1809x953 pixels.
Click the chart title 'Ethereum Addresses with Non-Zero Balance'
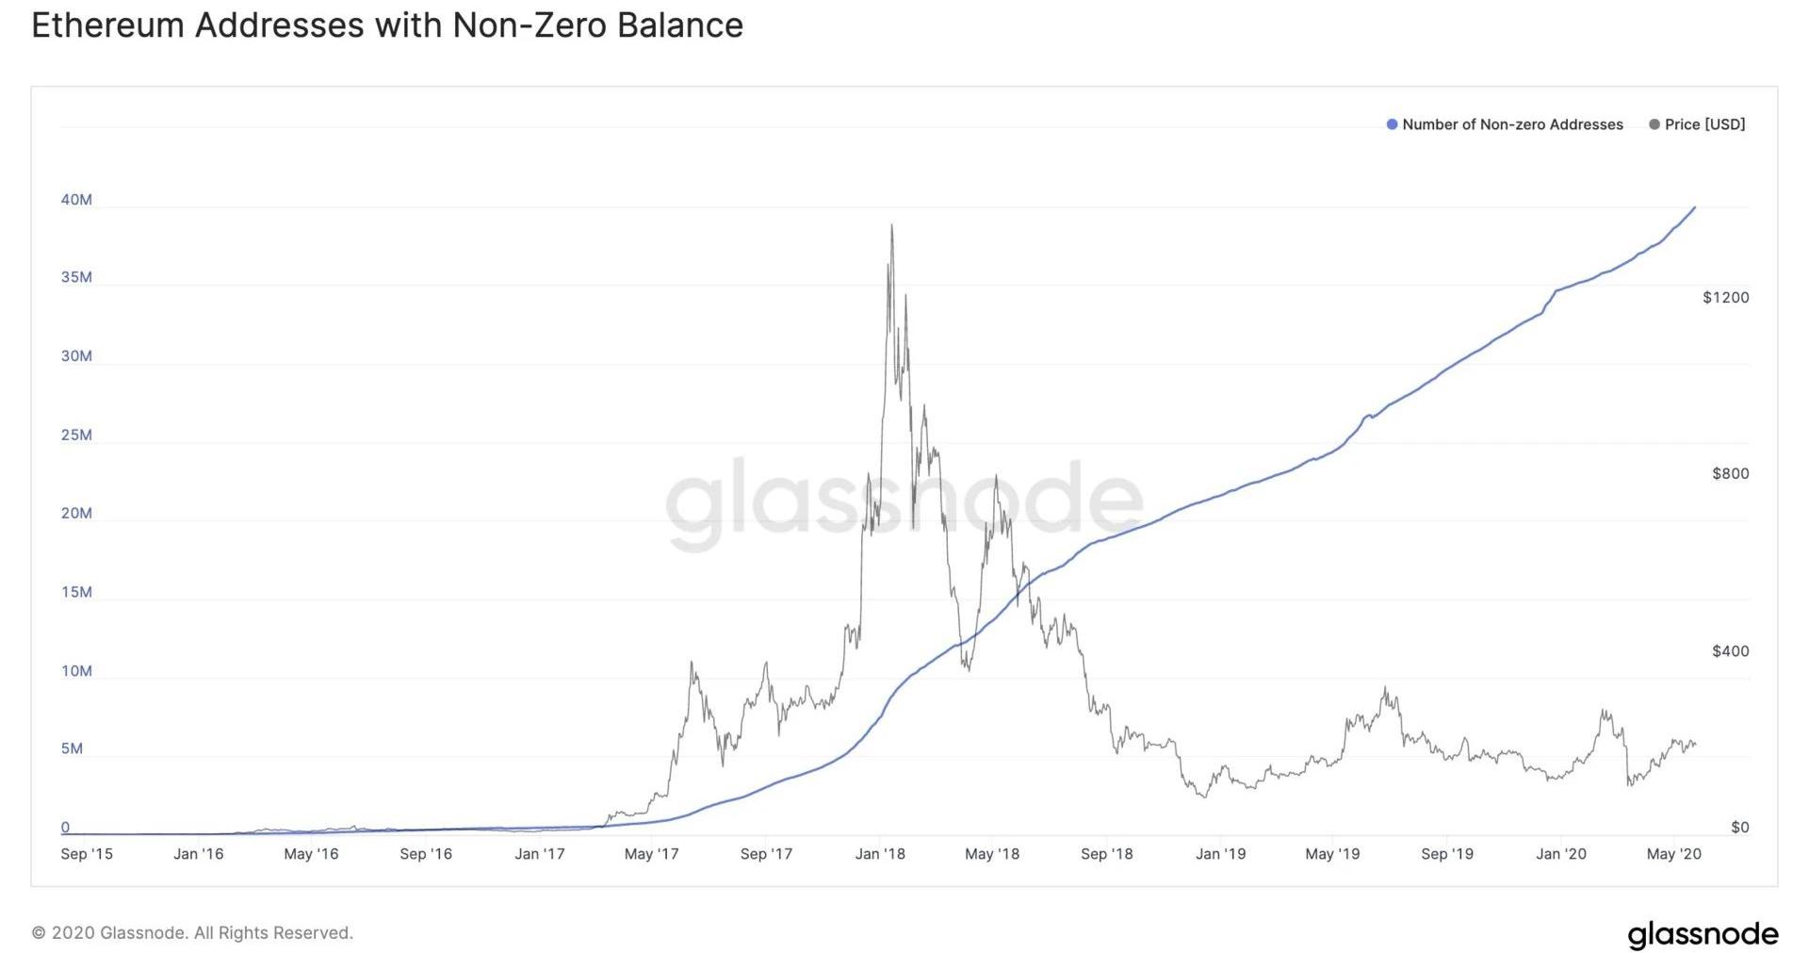coord(387,25)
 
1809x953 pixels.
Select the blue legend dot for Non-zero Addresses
coord(1392,124)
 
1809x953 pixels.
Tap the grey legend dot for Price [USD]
coord(1654,124)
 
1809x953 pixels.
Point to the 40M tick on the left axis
coord(76,200)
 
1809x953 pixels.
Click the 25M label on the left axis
coord(76,435)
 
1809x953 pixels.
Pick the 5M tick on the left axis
coord(72,749)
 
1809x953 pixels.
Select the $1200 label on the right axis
coord(1725,298)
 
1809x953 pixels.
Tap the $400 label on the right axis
coord(1730,651)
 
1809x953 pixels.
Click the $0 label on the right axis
coord(1739,828)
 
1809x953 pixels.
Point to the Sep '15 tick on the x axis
coord(87,854)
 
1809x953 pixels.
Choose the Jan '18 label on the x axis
coord(880,854)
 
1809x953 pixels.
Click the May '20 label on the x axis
coord(1673,854)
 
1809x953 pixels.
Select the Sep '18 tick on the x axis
coord(1107,854)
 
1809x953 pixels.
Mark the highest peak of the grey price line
coord(891,225)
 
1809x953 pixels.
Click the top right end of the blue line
coord(1695,207)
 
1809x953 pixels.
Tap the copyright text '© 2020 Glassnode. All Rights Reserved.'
coord(192,933)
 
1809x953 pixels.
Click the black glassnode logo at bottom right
coord(1703,934)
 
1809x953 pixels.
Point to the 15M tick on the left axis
coord(76,593)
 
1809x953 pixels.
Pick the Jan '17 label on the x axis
coord(540,854)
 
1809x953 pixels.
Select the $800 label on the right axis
coord(1730,474)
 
